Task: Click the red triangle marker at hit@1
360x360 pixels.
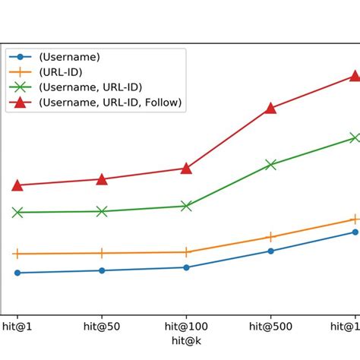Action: [x=17, y=185]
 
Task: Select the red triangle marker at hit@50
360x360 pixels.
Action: [x=102, y=179]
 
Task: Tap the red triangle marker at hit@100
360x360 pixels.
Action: [x=186, y=169]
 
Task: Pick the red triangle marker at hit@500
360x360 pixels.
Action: [x=270, y=109]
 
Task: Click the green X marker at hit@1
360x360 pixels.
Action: [x=17, y=213]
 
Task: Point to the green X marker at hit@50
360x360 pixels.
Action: [x=102, y=211]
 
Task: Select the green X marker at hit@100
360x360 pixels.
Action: [x=186, y=206]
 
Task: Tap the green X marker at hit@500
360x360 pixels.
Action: [x=270, y=164]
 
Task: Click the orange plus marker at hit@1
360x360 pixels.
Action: [x=17, y=254]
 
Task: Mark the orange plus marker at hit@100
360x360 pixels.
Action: [x=186, y=252]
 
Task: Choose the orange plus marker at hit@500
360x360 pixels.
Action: [x=270, y=237]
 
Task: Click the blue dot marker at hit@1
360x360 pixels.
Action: [x=17, y=273]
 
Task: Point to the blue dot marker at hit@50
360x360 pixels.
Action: [x=102, y=270]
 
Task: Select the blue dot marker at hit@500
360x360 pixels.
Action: [x=270, y=251]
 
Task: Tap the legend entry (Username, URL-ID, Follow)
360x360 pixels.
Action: [x=111, y=102]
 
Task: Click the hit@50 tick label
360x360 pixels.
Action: [x=102, y=327]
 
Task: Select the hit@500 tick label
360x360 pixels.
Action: [x=270, y=327]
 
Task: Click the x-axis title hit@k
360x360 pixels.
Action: [x=186, y=341]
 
